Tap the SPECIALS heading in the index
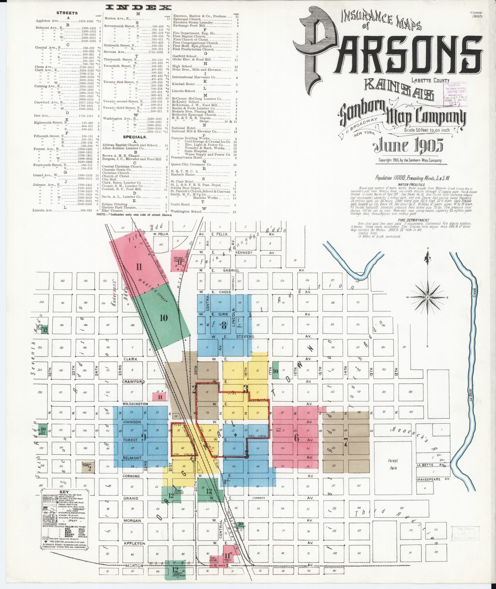134,137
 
